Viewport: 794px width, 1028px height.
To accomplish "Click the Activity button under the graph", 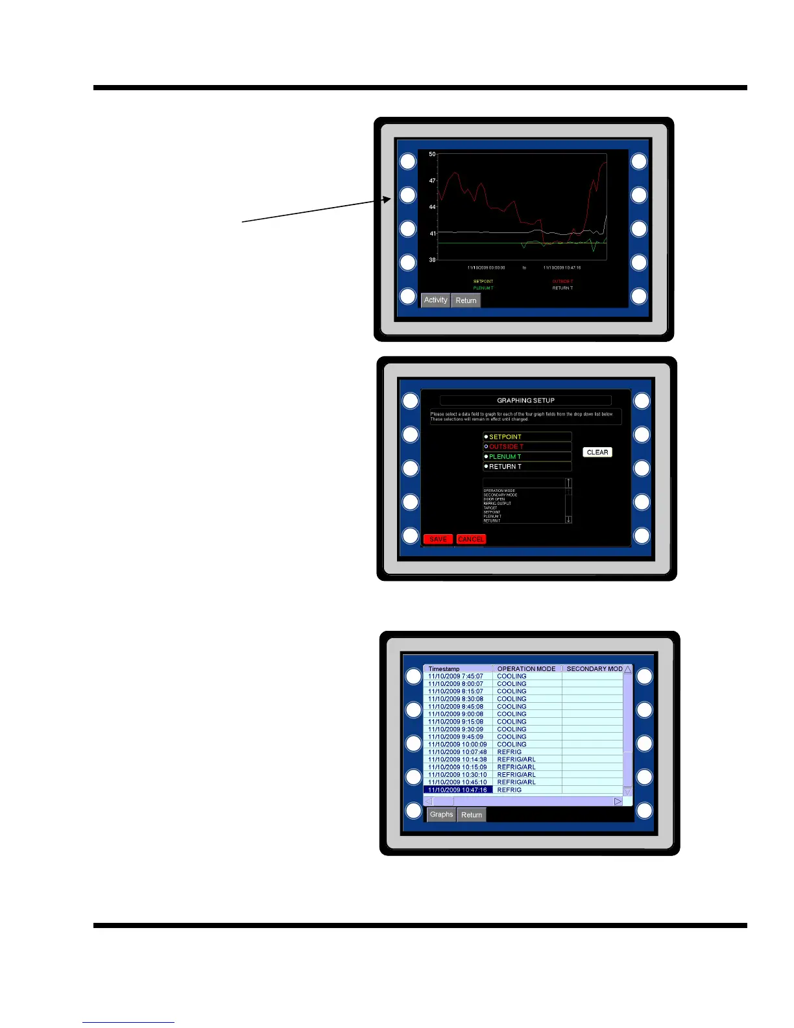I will click(435, 300).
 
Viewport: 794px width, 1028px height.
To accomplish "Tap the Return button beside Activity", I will click(466, 300).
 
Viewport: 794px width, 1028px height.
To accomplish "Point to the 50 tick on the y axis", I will click(433, 154).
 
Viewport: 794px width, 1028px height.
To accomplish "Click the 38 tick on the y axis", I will click(433, 260).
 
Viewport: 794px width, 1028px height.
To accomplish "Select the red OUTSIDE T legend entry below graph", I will click(562, 282).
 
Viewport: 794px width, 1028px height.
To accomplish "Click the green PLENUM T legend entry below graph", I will click(483, 288).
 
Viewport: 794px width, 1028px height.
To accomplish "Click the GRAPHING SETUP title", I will click(525, 400).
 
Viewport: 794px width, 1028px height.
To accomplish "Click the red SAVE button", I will click(438, 539).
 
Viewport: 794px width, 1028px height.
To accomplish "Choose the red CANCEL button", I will click(471, 539).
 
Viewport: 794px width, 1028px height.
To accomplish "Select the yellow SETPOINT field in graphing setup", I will click(527, 437).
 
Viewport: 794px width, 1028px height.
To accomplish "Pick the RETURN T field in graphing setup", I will click(527, 467).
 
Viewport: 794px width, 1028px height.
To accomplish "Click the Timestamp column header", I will click(444, 668).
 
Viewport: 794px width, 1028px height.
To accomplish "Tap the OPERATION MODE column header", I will click(526, 668).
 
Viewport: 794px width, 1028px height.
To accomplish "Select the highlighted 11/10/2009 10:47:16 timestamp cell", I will click(457, 790).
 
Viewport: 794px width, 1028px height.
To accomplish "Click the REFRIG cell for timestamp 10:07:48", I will click(509, 752).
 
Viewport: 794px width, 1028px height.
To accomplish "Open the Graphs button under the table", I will click(441, 814).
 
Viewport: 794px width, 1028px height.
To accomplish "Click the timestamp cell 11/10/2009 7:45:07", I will click(455, 676).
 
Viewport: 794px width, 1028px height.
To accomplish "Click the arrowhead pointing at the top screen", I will click(388, 200).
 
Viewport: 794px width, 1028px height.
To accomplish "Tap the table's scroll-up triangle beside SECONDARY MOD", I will click(627, 669).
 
